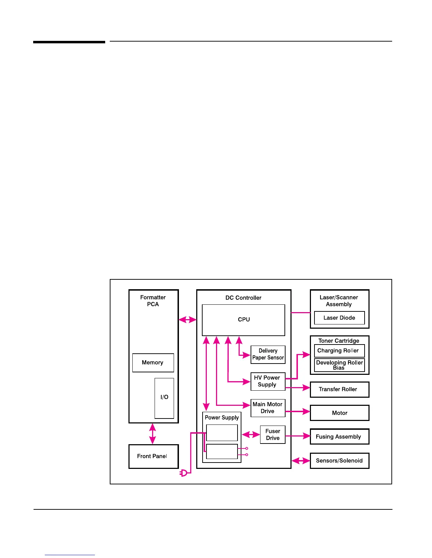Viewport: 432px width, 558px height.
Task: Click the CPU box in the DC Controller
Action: tap(243, 320)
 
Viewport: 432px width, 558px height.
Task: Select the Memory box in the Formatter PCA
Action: tap(153, 362)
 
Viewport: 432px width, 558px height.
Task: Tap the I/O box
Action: tap(164, 398)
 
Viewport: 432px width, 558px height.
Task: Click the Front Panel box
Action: tap(153, 456)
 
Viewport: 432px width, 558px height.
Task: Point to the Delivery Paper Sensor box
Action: tap(268, 354)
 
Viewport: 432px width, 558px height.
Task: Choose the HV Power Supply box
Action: tap(268, 382)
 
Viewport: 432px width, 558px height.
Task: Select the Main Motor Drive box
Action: tap(268, 408)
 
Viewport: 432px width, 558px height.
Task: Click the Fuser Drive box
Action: tap(272, 435)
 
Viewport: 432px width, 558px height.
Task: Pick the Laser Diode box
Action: tap(339, 318)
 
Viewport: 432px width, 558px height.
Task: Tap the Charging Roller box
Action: tap(339, 351)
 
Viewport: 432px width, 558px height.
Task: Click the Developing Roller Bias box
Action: tap(339, 365)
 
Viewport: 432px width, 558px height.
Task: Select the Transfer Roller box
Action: tap(339, 389)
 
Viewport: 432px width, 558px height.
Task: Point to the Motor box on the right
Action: tap(339, 413)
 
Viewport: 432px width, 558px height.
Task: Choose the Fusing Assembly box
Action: tap(339, 436)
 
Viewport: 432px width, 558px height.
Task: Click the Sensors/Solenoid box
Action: tap(339, 460)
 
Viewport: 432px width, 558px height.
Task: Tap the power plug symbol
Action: tap(184, 473)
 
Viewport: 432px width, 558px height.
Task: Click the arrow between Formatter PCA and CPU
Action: tap(187, 320)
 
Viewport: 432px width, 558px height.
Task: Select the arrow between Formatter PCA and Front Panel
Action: tap(152, 434)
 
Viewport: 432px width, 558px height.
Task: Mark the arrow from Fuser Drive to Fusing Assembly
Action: tap(298, 436)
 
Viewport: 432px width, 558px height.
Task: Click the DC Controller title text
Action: tap(243, 298)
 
